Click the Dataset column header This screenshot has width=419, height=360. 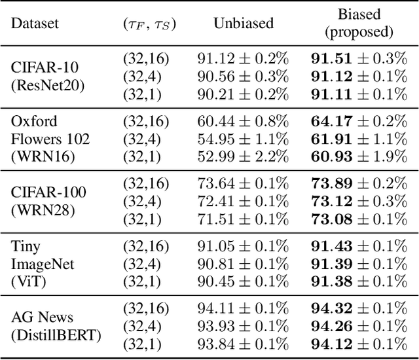pyautogui.click(x=35, y=23)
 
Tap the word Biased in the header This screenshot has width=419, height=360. pyautogui.click(x=359, y=14)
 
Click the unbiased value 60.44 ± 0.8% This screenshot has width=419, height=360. pyautogui.click(x=242, y=122)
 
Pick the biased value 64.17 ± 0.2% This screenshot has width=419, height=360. pyautogui.click(x=359, y=122)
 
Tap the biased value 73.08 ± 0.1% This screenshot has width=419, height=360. pyautogui.click(x=359, y=219)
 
